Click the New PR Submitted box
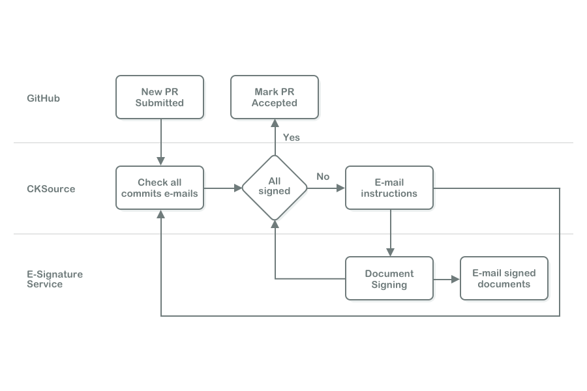pos(160,97)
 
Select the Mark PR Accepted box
pos(275,97)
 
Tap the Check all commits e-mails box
pos(160,188)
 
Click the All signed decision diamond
pos(275,188)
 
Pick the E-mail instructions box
pos(389,188)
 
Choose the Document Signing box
pos(389,279)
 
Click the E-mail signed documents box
pos(504,279)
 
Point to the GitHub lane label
pos(44,98)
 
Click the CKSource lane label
pos(51,189)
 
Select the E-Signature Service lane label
pos(55,279)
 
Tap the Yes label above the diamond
pos(292,138)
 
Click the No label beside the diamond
pos(323,177)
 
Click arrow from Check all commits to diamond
pos(222,188)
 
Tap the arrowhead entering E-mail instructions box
pos(341,188)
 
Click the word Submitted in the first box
pos(160,103)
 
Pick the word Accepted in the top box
pos(275,103)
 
